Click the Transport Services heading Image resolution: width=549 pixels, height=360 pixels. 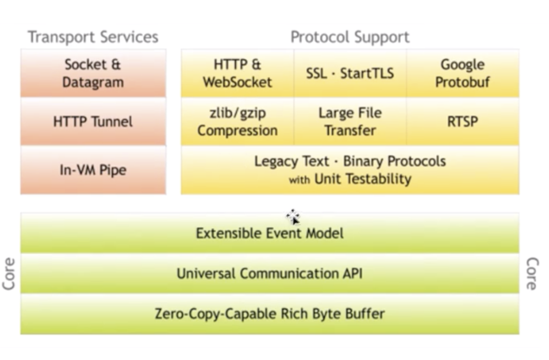[93, 36]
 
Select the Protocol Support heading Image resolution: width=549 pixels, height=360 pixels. [350, 36]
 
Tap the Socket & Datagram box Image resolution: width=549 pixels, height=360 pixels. [93, 74]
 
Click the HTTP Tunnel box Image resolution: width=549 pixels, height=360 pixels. [93, 121]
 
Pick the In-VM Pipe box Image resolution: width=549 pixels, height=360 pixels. [93, 170]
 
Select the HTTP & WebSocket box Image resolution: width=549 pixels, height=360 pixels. [237, 74]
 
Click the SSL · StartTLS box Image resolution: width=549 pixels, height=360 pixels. [350, 74]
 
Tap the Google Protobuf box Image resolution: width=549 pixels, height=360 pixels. [462, 74]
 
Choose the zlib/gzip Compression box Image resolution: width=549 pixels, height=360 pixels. [237, 121]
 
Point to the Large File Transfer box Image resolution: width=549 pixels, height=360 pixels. [350, 121]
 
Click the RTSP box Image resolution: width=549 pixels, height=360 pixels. [462, 121]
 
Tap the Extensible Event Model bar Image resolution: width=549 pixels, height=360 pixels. [270, 233]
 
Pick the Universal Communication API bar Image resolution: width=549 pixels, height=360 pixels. [270, 273]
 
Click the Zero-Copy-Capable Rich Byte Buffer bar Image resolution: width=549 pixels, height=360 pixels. [270, 313]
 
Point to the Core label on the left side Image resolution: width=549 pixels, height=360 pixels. [10, 273]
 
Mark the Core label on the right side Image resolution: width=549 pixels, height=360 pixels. [532, 273]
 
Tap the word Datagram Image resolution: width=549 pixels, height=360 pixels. [93, 82]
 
